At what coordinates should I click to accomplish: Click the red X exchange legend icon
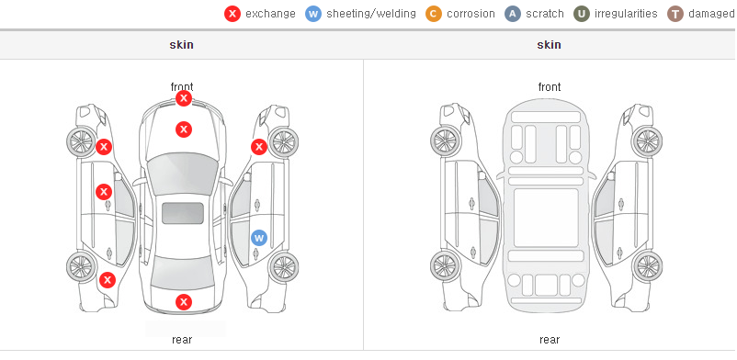[232, 14]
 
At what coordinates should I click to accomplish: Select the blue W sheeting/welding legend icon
[313, 14]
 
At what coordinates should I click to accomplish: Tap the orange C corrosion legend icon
[434, 14]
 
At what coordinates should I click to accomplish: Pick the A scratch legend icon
[513, 14]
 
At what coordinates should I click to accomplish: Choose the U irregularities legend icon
[582, 14]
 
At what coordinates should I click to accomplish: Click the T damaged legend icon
[675, 14]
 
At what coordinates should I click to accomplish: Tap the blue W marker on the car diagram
[259, 238]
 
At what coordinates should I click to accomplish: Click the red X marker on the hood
[184, 129]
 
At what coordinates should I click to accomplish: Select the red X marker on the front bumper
[184, 98]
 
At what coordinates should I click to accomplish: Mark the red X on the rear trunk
[184, 302]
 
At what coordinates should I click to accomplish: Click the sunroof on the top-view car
[183, 213]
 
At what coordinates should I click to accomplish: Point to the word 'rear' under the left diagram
[182, 340]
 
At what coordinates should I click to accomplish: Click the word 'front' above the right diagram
[550, 87]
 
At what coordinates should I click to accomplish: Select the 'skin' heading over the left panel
[181, 45]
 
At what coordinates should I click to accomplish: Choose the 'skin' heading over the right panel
[549, 45]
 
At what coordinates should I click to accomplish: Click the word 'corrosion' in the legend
[471, 14]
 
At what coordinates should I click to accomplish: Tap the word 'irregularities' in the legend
[626, 14]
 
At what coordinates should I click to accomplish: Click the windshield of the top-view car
[183, 174]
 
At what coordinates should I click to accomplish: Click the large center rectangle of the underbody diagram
[546, 218]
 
